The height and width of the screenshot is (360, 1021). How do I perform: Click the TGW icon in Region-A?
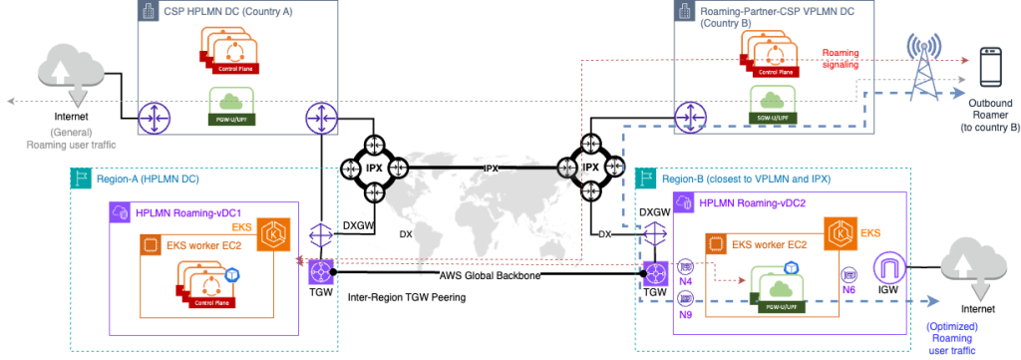(x=322, y=271)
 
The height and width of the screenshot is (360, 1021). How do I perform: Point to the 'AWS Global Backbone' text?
(x=489, y=275)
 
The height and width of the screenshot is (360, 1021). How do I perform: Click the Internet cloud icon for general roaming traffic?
(x=69, y=72)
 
